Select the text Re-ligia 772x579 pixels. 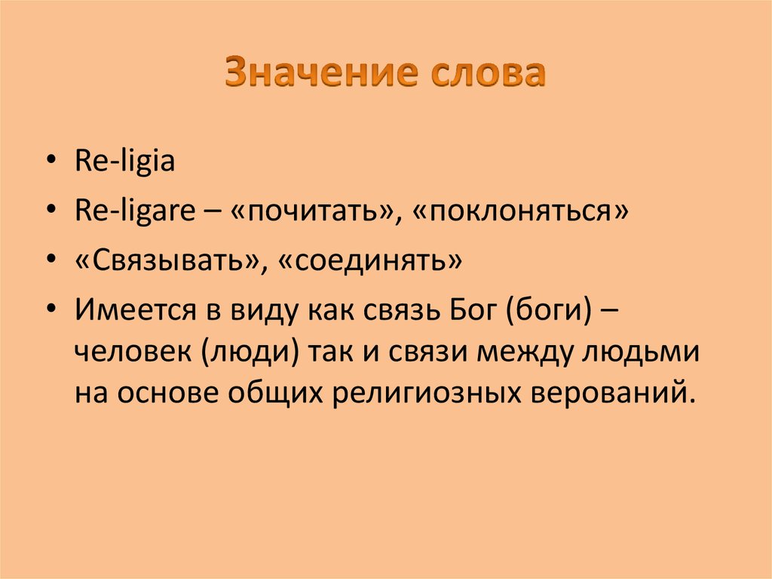[125, 162]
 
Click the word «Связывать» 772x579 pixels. [163, 262]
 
